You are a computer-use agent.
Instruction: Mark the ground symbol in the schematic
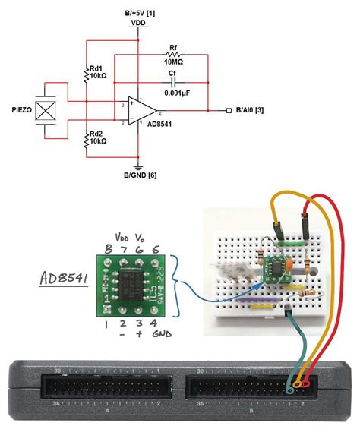(138, 166)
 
